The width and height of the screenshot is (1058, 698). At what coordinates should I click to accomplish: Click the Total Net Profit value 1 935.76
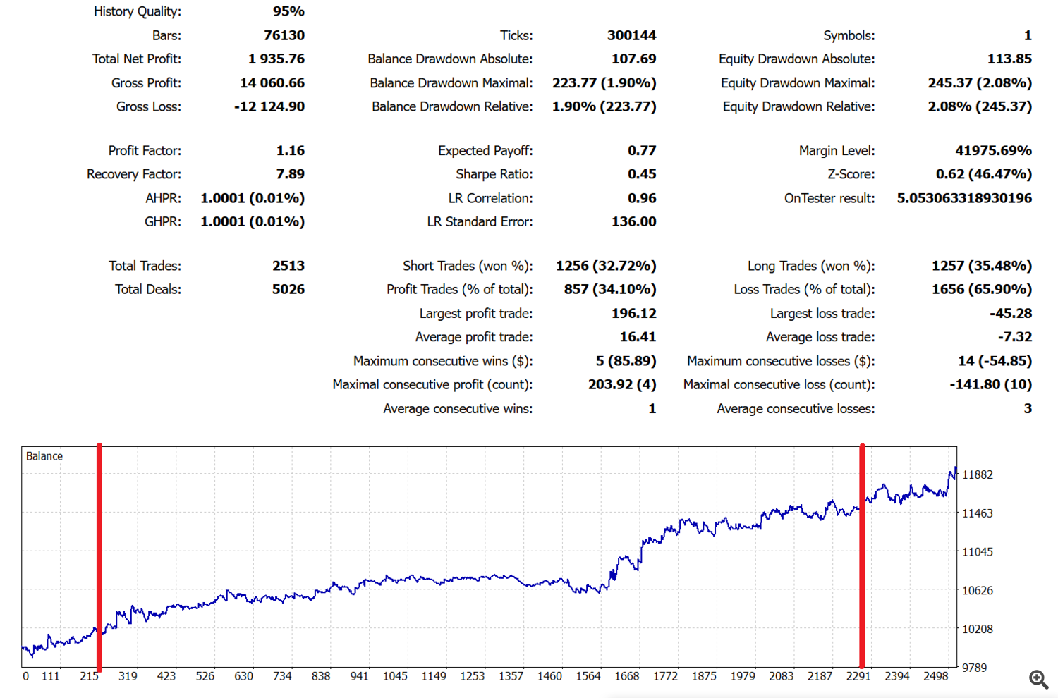pyautogui.click(x=276, y=59)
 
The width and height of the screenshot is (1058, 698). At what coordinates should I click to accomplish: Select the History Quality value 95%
pyautogui.click(x=288, y=11)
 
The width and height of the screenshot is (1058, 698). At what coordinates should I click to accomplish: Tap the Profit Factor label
pyautogui.click(x=145, y=151)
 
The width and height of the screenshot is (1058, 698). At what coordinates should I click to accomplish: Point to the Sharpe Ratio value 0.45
pyautogui.click(x=642, y=174)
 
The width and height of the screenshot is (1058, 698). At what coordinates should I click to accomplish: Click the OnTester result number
pyautogui.click(x=964, y=199)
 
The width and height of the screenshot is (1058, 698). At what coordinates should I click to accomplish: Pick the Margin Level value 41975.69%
pyautogui.click(x=993, y=151)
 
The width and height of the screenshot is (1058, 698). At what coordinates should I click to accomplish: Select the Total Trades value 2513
pyautogui.click(x=288, y=266)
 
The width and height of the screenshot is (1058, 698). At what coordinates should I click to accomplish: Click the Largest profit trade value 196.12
pyautogui.click(x=633, y=314)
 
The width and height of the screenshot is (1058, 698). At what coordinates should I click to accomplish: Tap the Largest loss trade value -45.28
pyautogui.click(x=1010, y=314)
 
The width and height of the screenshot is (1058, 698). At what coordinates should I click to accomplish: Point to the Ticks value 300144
pyautogui.click(x=631, y=35)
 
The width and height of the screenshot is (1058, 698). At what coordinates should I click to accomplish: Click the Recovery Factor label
pyautogui.click(x=134, y=174)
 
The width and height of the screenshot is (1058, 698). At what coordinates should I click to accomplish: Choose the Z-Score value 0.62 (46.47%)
pyautogui.click(x=983, y=174)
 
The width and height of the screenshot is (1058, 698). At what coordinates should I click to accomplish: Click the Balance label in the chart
pyautogui.click(x=44, y=456)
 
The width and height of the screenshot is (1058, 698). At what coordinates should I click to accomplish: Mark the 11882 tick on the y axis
pyautogui.click(x=978, y=474)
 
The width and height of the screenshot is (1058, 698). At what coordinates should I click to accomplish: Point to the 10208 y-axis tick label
pyautogui.click(x=978, y=629)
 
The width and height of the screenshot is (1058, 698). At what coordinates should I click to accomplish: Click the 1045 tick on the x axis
pyautogui.click(x=395, y=676)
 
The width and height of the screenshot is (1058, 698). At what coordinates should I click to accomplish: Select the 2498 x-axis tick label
pyautogui.click(x=936, y=676)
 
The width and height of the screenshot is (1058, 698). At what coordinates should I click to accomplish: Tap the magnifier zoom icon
pyautogui.click(x=1038, y=679)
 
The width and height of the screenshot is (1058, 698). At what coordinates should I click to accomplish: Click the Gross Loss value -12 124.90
pyautogui.click(x=269, y=107)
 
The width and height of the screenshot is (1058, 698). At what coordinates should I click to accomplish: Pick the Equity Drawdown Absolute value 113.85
pyautogui.click(x=1009, y=59)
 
